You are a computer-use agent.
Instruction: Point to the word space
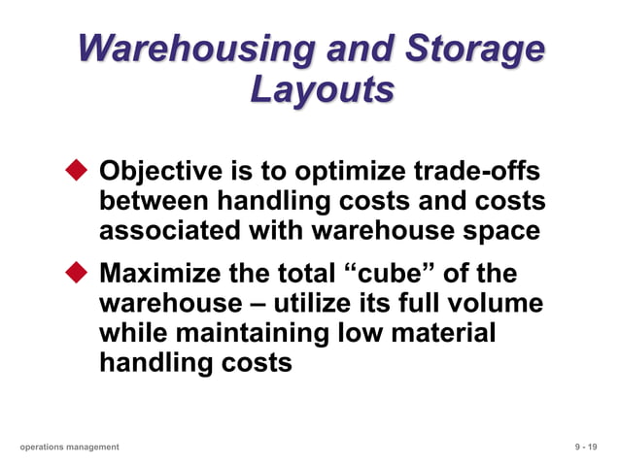click(503, 233)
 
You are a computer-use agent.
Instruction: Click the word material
click(444, 333)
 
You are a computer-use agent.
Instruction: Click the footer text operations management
click(69, 447)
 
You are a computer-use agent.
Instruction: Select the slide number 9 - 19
click(585, 447)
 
